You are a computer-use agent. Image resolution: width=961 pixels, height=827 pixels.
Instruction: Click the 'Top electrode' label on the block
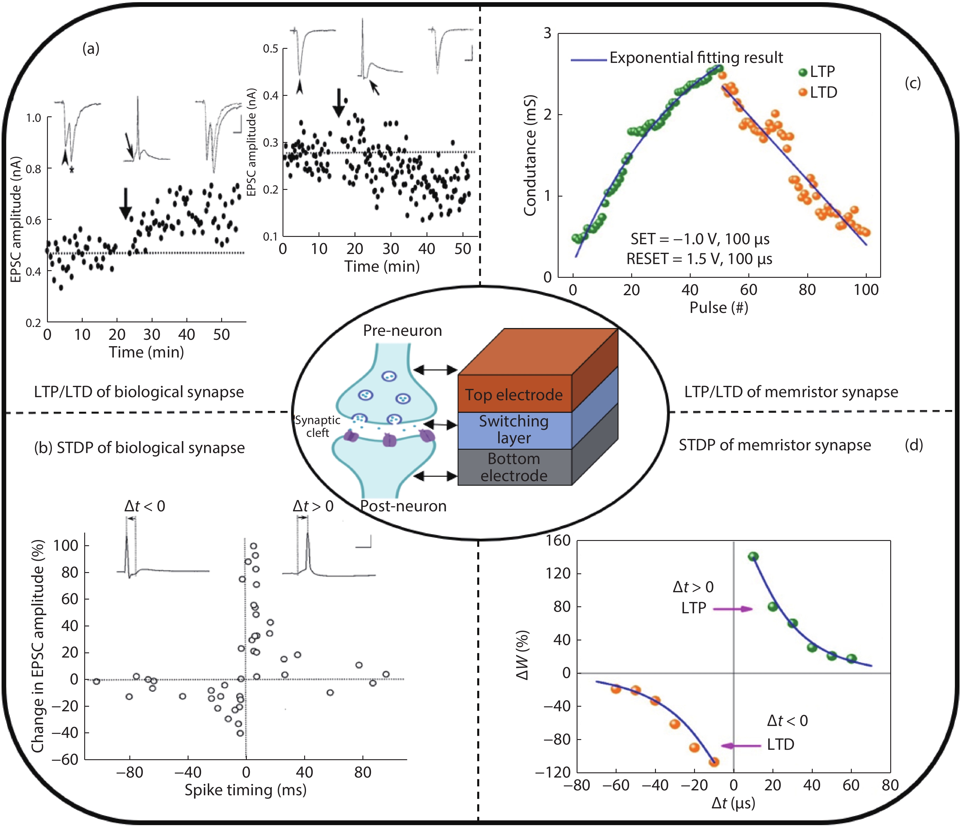coord(514,395)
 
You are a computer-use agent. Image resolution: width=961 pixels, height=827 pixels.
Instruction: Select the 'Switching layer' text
coord(514,429)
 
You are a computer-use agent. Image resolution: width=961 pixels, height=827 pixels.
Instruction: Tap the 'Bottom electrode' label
coord(514,467)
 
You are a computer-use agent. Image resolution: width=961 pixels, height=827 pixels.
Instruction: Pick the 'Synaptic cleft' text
coord(318,426)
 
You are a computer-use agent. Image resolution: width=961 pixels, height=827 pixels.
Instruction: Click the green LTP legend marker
coord(803,72)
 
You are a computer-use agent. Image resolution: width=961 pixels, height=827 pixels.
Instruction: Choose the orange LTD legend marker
coord(803,93)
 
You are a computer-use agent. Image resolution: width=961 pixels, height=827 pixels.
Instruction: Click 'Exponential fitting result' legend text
coord(696,58)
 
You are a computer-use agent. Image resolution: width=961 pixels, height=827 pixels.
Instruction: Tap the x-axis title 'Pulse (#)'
coord(719,307)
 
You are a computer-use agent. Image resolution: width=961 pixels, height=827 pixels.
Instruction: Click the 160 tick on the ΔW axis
coord(558,541)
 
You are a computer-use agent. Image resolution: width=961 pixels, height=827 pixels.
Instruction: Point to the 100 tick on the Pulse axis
coord(866,290)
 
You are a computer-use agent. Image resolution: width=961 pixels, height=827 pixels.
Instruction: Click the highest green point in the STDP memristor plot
coord(753,557)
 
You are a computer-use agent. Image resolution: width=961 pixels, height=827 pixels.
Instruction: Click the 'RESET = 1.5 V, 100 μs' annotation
coord(700,259)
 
